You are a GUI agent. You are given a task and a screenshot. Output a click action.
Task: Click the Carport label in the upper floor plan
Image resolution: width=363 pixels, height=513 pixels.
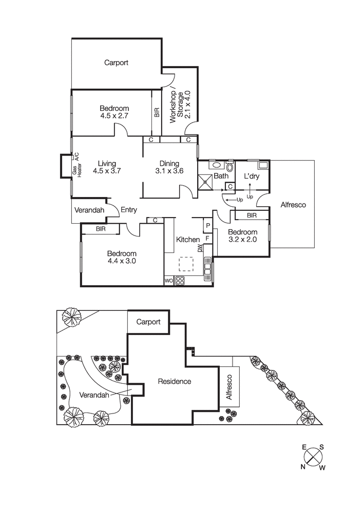pos(116,63)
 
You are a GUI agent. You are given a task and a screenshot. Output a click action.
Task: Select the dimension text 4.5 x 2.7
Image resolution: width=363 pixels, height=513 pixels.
pos(114,116)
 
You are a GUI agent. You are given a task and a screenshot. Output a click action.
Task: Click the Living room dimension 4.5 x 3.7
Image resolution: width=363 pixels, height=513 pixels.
pos(107,171)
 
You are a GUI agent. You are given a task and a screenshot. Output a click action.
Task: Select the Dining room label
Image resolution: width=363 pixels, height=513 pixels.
pos(169,164)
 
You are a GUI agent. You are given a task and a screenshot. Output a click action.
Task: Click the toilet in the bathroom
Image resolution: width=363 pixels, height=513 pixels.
pos(230,166)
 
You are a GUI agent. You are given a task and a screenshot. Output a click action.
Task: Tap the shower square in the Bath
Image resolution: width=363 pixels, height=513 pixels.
pos(206,181)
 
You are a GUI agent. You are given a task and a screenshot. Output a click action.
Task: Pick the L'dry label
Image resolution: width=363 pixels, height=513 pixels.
pos(251,176)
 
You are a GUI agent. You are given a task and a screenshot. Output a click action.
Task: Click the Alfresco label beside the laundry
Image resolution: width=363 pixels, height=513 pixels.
pos(293,205)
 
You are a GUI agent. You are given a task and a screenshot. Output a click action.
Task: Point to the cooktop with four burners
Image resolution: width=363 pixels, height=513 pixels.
pos(180,281)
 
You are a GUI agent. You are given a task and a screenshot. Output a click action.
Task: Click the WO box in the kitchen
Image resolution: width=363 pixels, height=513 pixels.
pos(169,281)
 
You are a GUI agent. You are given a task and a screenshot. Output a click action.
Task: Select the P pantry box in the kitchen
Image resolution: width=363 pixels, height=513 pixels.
pos(208,225)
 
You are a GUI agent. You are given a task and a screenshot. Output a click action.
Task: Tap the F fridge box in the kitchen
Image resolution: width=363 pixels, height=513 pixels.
pos(208,238)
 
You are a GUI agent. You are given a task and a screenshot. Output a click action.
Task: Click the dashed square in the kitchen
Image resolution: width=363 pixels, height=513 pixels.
pos(186,264)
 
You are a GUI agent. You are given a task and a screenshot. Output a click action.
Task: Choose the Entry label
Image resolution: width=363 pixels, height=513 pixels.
pos(128,209)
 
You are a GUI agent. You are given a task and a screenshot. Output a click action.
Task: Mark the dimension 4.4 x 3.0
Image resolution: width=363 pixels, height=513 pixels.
pos(122,261)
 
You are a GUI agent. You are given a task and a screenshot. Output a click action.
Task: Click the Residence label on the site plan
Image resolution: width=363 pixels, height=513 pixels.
pos(174,381)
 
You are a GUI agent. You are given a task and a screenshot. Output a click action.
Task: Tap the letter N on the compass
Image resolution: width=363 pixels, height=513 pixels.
pos(303,466)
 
